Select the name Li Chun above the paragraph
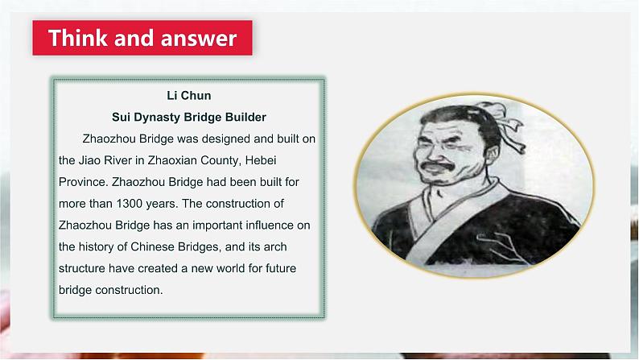(x=189, y=96)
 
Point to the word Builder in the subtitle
(x=241, y=117)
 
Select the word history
(x=100, y=246)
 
